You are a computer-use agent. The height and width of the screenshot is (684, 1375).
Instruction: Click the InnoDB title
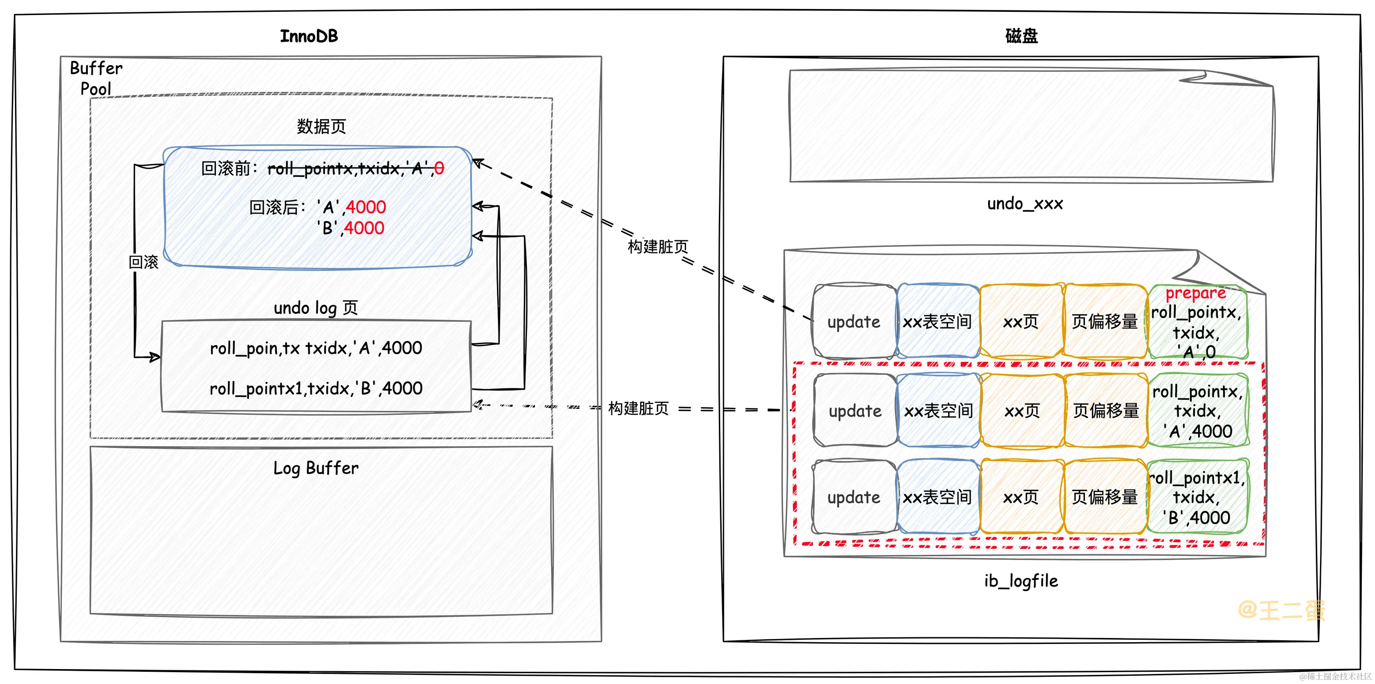(x=309, y=36)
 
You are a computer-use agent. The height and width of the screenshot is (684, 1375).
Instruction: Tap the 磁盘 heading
(x=1021, y=36)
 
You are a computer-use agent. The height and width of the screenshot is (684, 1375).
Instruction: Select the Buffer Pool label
(x=96, y=78)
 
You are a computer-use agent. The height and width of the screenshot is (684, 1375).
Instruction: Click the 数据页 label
(x=321, y=126)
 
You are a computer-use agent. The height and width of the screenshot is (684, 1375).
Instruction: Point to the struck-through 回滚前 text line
(x=322, y=169)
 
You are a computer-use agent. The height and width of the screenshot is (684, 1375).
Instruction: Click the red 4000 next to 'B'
(x=364, y=228)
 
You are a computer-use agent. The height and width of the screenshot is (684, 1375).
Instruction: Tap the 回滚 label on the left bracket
(x=144, y=262)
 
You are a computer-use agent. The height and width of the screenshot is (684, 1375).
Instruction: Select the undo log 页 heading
(x=316, y=308)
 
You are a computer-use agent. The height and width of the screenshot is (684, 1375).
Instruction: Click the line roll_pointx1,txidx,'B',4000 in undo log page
(x=316, y=388)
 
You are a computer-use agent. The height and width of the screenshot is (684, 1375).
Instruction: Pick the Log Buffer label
(x=316, y=468)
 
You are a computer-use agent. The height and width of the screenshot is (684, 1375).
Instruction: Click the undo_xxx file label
(x=1024, y=203)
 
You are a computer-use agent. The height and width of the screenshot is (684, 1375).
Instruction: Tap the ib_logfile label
(x=1021, y=580)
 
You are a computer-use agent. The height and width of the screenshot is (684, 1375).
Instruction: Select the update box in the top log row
(x=853, y=322)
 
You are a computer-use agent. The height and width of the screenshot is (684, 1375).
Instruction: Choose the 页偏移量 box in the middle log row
(x=1106, y=411)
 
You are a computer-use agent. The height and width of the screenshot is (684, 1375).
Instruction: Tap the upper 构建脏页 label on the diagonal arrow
(x=657, y=246)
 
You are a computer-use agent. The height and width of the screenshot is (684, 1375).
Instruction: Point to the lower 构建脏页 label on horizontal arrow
(x=638, y=408)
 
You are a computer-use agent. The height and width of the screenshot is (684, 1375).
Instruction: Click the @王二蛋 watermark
(x=1281, y=609)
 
